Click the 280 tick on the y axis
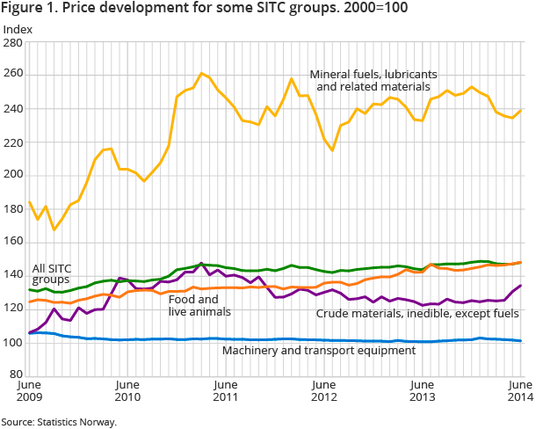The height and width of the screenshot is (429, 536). pos(16,42)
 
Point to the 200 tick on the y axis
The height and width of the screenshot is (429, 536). pos(16,175)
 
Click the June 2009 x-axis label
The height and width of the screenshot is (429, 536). pos(30,391)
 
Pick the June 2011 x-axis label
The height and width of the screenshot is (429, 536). pos(226,391)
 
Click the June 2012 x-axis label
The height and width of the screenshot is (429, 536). pos(324,391)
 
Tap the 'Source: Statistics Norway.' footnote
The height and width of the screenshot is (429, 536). pos(59,422)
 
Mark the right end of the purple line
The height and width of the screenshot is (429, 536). pos(522,285)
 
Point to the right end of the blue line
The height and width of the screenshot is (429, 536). pos(522,341)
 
